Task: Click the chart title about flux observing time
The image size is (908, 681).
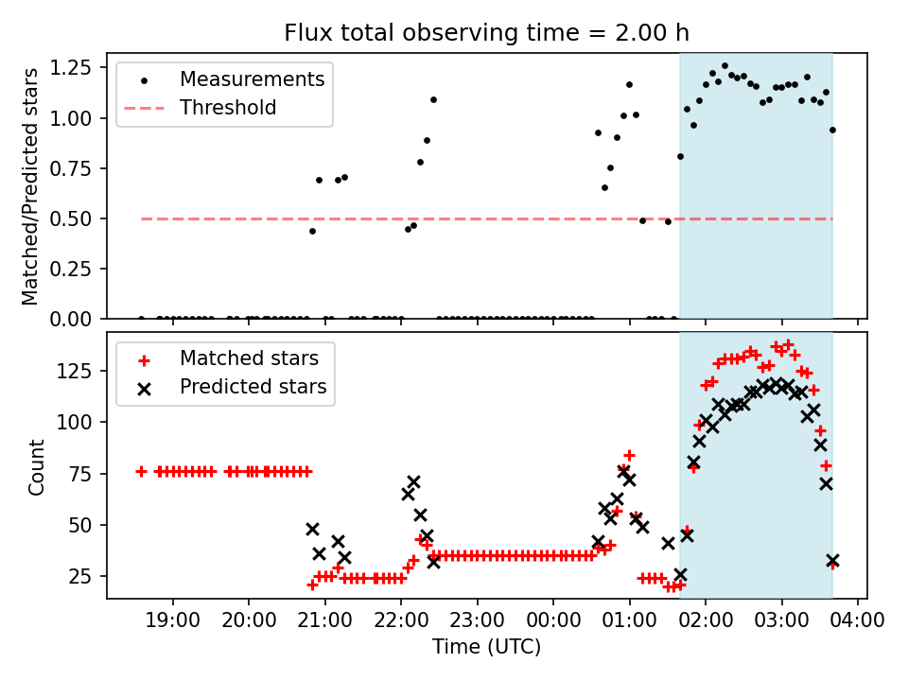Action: point(486,33)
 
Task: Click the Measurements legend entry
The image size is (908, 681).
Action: point(252,79)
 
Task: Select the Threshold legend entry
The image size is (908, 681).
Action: point(228,108)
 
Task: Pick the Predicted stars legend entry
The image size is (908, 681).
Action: point(253,387)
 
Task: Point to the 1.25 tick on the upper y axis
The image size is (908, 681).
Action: point(79,67)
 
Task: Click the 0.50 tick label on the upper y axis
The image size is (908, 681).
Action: point(79,218)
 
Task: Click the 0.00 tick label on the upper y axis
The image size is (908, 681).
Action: point(79,319)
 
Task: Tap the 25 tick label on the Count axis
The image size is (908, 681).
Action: point(87,576)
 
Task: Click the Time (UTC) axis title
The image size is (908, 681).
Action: point(486,648)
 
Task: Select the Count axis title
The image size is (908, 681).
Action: point(37,466)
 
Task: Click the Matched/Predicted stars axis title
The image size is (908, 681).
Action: point(31,186)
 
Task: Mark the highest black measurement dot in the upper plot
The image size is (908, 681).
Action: point(725,66)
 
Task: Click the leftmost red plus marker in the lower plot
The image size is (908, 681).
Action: point(141,471)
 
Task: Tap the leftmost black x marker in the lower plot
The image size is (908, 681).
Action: point(312,529)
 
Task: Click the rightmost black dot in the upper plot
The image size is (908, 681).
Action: point(832,130)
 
